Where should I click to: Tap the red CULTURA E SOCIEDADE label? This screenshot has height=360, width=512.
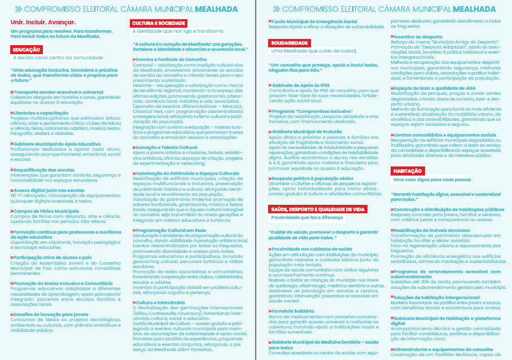pos(159,23)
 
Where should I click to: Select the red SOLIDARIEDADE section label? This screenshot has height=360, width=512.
pos(288,43)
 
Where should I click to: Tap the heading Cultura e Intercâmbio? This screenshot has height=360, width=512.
pos(160,302)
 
